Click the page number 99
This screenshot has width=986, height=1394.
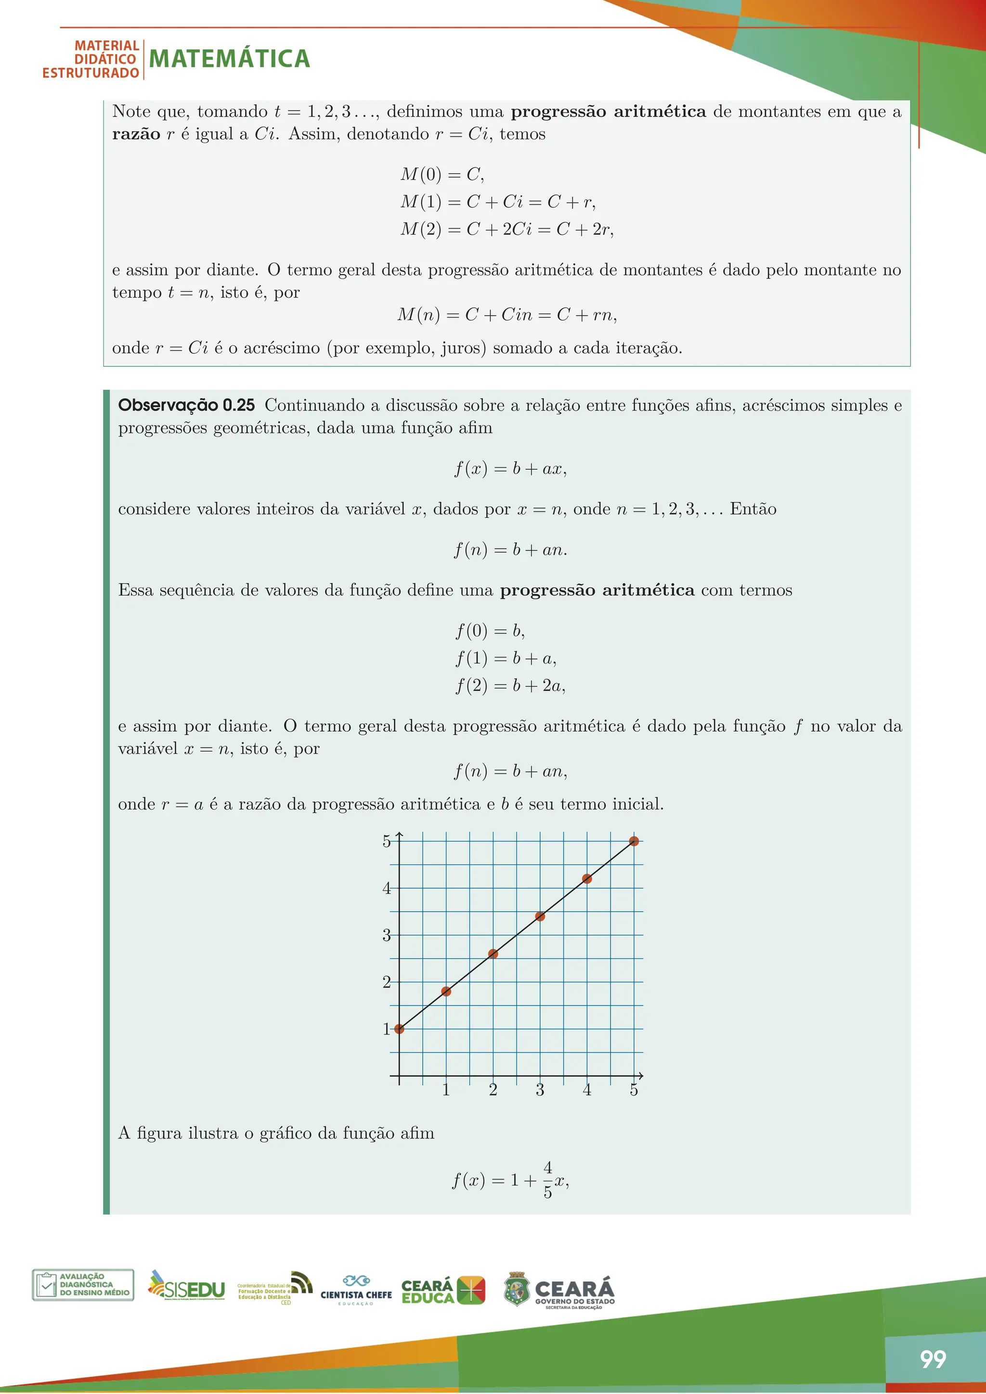(x=933, y=1359)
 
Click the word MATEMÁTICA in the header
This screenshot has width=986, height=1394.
(x=230, y=59)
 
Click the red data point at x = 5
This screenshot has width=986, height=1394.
(x=634, y=841)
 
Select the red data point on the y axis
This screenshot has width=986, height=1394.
(x=399, y=1029)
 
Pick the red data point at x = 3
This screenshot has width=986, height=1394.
(x=540, y=916)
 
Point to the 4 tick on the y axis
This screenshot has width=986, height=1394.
(x=387, y=888)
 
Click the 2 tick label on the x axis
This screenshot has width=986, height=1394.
(x=493, y=1090)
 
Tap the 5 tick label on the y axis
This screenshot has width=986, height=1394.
(x=387, y=841)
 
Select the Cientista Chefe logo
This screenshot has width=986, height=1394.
(x=356, y=1290)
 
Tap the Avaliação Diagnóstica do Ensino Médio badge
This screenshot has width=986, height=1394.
(x=83, y=1285)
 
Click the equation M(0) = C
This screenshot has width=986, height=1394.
(x=442, y=175)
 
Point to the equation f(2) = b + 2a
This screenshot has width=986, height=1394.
(x=510, y=685)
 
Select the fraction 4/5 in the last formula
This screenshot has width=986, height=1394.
(x=547, y=1180)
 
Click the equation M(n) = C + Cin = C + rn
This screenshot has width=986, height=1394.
(x=507, y=314)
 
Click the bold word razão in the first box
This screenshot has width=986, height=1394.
(x=136, y=134)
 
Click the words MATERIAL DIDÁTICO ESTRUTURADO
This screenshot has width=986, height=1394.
(x=91, y=60)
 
